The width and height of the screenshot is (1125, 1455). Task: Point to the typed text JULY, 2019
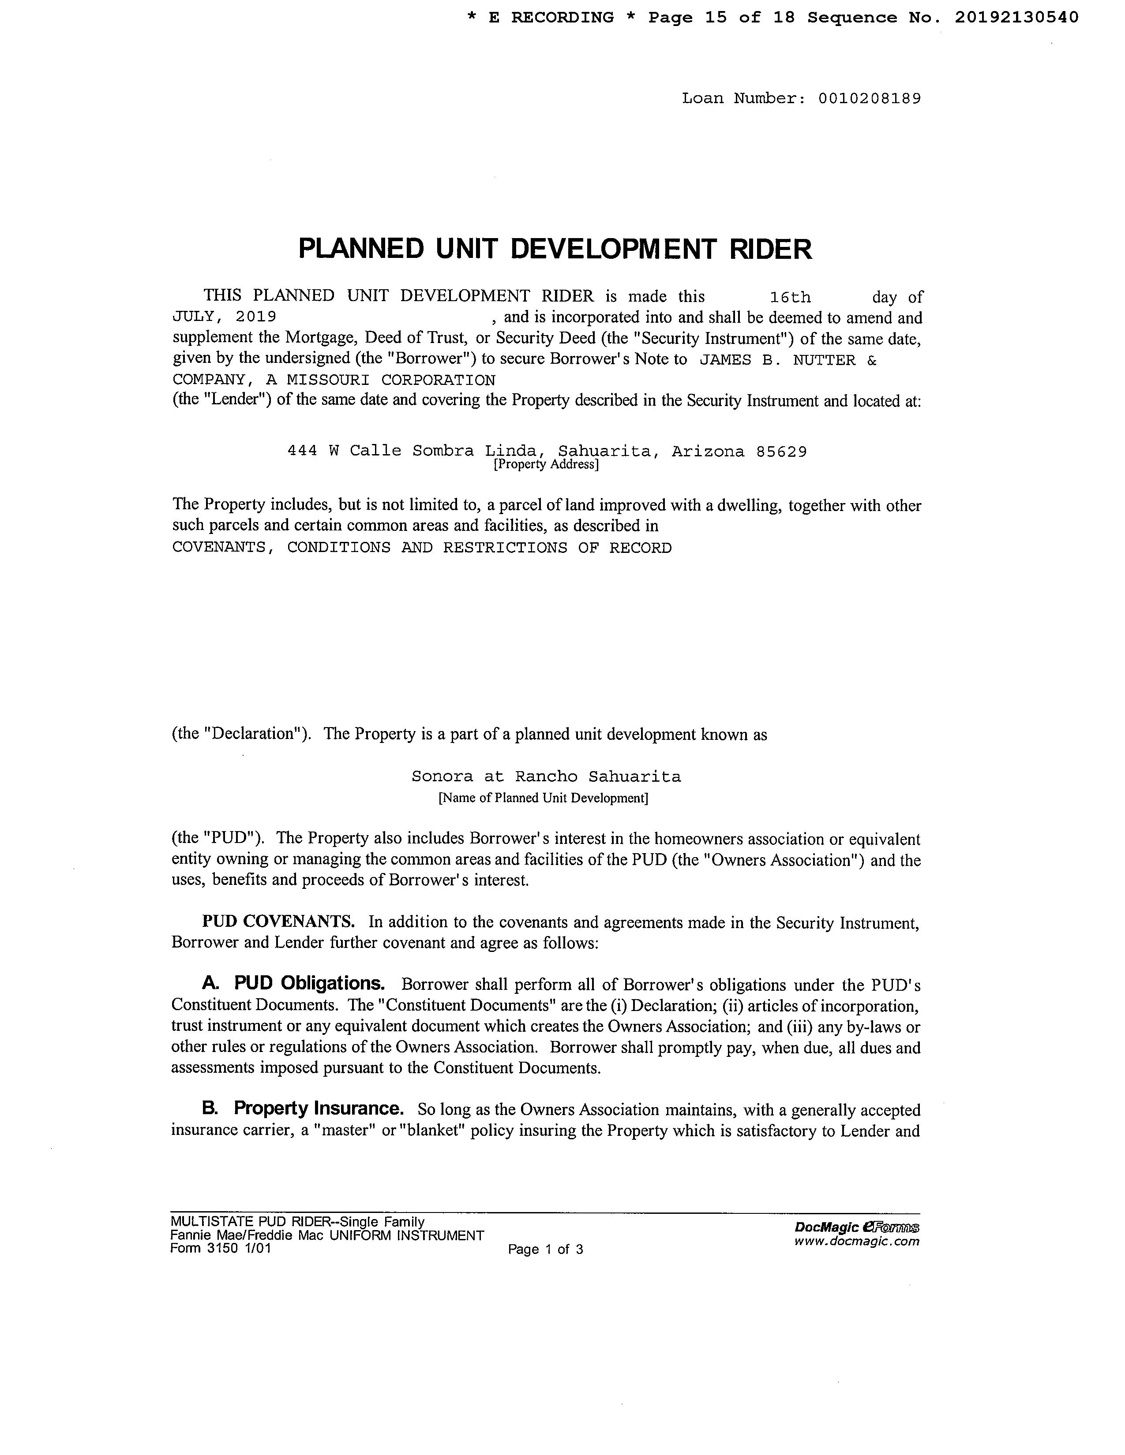click(224, 317)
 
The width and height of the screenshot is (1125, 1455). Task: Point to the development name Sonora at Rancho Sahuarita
click(546, 777)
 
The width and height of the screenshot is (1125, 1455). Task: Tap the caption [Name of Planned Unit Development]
click(543, 798)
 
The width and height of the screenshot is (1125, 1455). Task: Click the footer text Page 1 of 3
click(545, 1249)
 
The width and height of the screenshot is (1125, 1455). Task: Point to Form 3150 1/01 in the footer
click(221, 1249)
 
